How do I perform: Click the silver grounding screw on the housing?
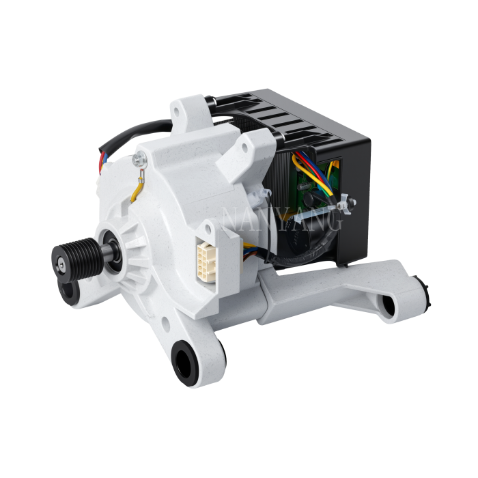click(x=141, y=160)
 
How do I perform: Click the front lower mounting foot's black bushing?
click(x=184, y=358)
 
